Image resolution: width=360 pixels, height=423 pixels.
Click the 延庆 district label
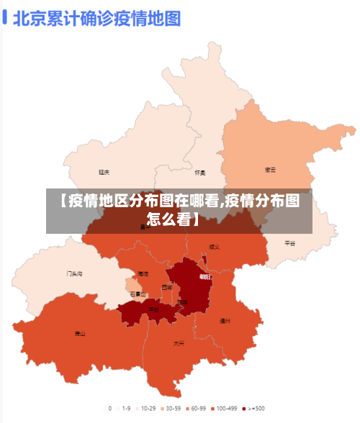[x=104, y=173]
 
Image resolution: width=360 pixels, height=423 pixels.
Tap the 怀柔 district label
[x=200, y=173]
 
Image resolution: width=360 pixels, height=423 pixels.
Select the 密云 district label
[x=271, y=170]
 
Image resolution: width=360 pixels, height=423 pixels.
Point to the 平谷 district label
[x=289, y=243]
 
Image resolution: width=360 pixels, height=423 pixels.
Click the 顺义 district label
[x=214, y=247]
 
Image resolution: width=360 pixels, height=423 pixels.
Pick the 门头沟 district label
[x=75, y=273]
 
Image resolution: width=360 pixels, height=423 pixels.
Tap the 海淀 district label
[x=143, y=273]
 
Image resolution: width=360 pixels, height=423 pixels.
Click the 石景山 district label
[x=138, y=294]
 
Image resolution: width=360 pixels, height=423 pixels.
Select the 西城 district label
[x=167, y=287]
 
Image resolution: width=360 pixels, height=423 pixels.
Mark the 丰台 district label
[x=153, y=309]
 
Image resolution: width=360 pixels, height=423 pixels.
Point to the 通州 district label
[x=225, y=321]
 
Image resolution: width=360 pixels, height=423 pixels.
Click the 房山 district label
[x=80, y=334]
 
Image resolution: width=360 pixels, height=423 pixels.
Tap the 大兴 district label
[x=179, y=343]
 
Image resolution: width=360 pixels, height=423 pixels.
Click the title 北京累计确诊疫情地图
[x=96, y=18]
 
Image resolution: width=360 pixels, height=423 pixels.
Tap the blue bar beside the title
[x=4, y=18]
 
